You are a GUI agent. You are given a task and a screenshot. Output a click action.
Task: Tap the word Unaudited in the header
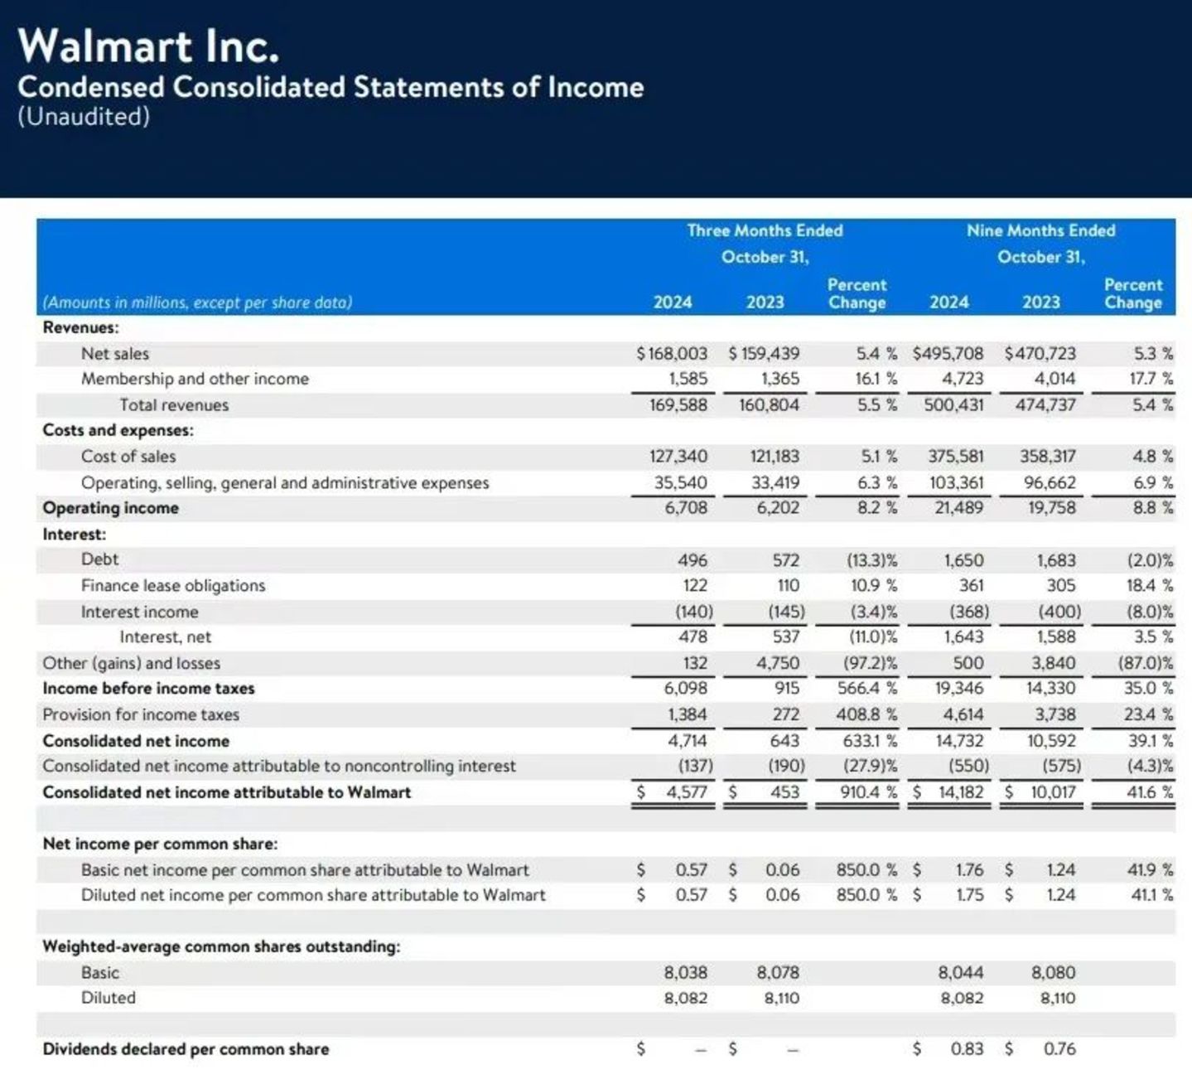pos(84,117)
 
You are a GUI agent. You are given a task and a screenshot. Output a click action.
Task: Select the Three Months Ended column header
pos(765,230)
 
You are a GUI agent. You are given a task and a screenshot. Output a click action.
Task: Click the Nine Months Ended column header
pos(1040,230)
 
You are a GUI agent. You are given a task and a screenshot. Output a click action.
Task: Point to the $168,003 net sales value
pos(672,354)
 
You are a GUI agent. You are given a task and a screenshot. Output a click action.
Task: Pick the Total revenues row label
pos(174,405)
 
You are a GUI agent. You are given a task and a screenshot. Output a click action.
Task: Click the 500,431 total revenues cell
pos(953,405)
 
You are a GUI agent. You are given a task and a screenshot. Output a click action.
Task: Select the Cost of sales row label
pos(128,457)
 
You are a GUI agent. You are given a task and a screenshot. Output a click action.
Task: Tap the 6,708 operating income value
pos(686,508)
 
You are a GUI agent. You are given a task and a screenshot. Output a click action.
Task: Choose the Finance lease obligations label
pos(173,586)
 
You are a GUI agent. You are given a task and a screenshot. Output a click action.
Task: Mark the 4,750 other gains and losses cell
pos(778,663)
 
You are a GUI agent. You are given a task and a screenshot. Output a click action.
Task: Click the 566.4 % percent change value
pos(866,689)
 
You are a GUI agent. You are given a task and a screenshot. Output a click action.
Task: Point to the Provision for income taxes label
pos(141,714)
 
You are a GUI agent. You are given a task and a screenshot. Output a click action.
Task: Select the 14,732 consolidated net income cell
pos(959,741)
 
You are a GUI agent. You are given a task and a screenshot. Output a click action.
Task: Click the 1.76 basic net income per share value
pos(969,870)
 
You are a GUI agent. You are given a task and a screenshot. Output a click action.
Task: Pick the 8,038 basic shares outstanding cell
pos(686,973)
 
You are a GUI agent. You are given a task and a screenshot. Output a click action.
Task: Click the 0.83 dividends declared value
pos(967,1049)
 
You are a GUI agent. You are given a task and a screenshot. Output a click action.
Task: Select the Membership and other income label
pos(195,380)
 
